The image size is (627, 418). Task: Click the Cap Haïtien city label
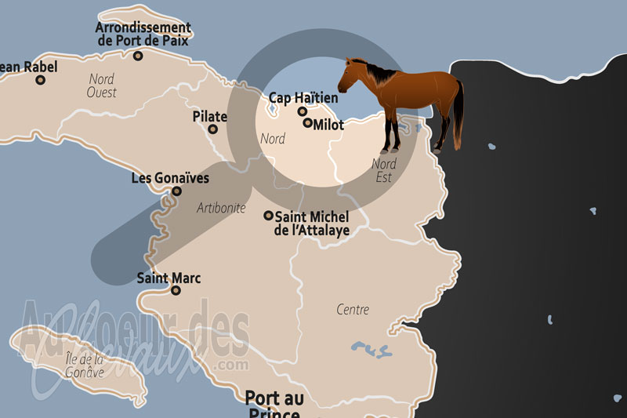pos(303,98)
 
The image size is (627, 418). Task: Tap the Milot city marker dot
pos(308,123)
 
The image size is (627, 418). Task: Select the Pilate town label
pos(209,117)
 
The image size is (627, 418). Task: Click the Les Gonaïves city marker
pos(176,191)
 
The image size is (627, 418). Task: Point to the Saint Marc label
pos(169,278)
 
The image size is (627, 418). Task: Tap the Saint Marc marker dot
pos(176,290)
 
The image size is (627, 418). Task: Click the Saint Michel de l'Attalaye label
pos(311,223)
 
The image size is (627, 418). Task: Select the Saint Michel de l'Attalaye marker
pos(268,215)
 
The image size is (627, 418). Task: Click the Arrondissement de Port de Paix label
pos(143,34)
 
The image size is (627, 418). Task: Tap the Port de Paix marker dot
pos(138,56)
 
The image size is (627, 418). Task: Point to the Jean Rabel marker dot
pos(41,80)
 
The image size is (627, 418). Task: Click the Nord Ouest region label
pos(102,85)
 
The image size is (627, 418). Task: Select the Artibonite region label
pos(221,208)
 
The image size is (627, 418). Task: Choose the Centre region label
pos(353,310)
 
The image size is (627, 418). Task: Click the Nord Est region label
pos(383,170)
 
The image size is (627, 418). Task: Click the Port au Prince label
pos(274,404)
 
